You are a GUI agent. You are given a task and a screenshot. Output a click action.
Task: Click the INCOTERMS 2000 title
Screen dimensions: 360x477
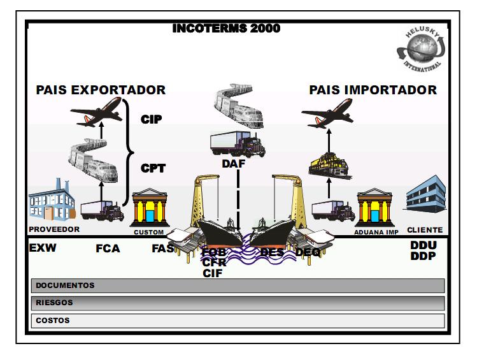226,29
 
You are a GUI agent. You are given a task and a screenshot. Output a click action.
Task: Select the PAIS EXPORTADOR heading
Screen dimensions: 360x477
101,90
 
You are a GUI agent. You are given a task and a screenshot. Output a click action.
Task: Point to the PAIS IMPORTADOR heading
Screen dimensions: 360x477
373,90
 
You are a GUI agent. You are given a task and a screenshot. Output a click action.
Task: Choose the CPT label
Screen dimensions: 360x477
153,169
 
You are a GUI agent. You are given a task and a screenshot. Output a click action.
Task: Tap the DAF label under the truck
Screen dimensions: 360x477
234,164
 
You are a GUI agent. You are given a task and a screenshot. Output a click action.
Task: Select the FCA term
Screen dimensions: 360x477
108,248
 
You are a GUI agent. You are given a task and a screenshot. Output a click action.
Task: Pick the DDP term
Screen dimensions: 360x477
423,256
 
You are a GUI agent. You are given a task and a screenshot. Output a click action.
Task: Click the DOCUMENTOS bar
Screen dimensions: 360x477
238,285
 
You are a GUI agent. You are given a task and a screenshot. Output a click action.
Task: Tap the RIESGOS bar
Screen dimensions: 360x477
238,303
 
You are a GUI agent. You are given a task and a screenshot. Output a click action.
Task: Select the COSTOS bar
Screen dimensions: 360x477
238,320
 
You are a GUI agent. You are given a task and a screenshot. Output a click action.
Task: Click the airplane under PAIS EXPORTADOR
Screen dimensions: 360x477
96,113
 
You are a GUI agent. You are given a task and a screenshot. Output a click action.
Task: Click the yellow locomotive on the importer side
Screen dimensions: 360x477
329,163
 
